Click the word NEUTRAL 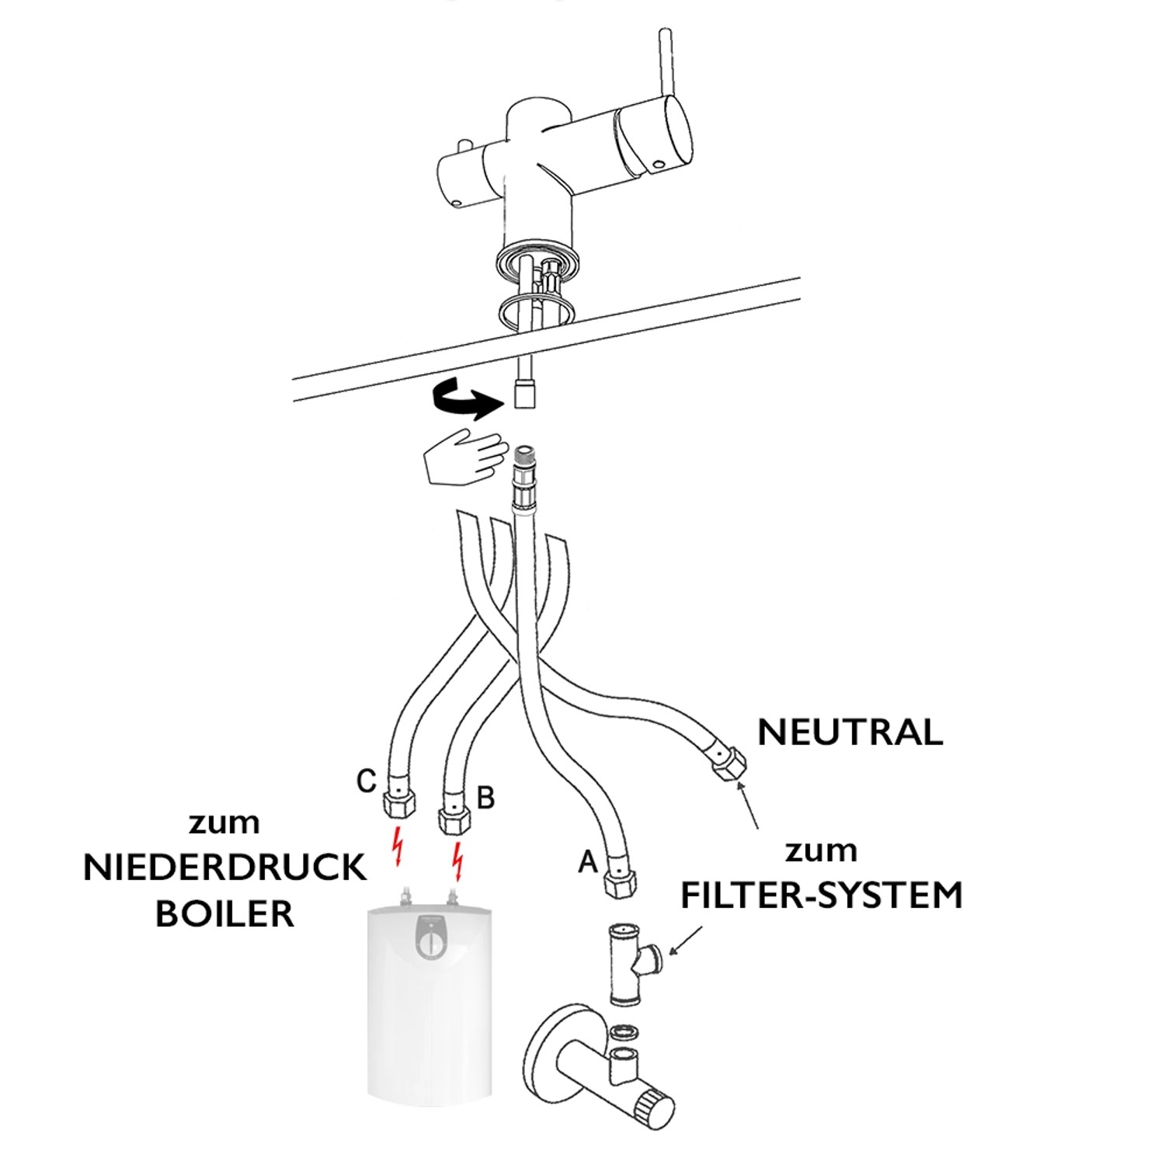point(850,732)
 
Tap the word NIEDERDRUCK point(224,868)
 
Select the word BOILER point(224,913)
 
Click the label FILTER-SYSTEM point(821,895)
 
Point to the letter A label point(588,861)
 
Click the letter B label point(485,797)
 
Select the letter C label point(367,781)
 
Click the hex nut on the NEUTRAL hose point(728,763)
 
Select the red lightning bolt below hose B point(458,861)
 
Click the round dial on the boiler point(430,944)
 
